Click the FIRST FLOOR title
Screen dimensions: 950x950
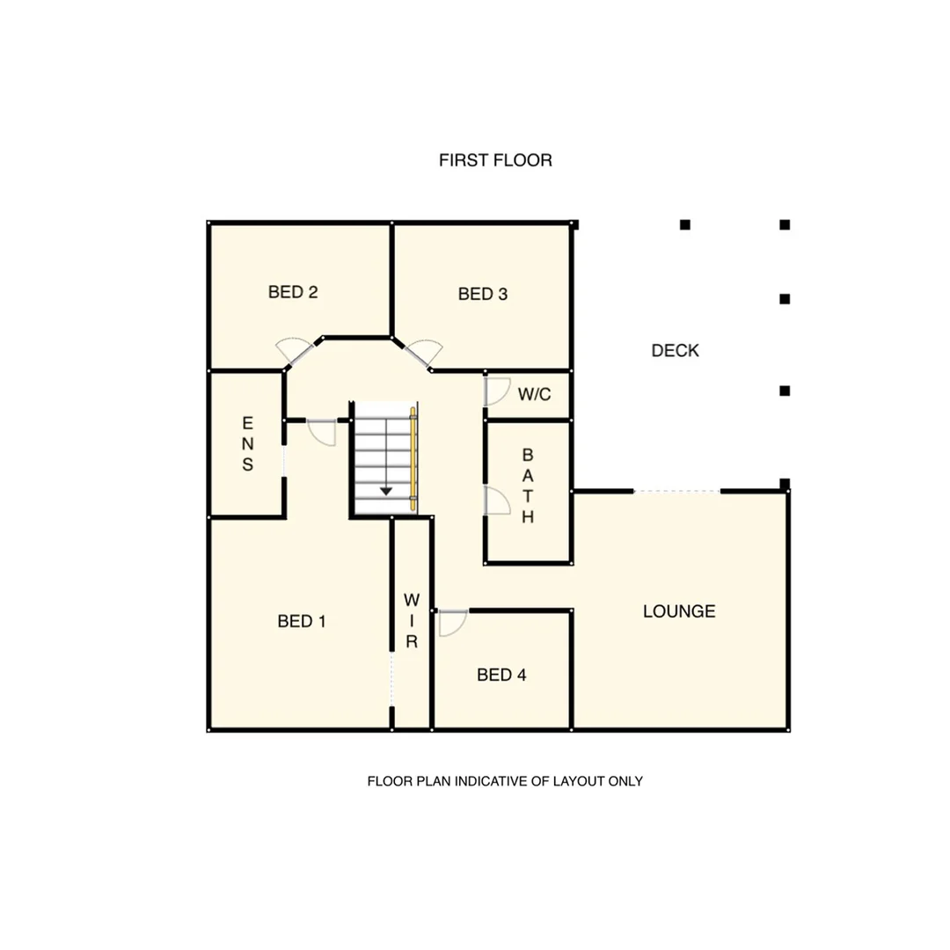(x=495, y=161)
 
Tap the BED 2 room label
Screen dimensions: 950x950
(x=292, y=292)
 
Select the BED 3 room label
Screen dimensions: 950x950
(x=483, y=295)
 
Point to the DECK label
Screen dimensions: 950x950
(x=676, y=351)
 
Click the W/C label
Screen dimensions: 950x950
(x=534, y=395)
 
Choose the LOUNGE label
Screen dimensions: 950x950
(x=679, y=611)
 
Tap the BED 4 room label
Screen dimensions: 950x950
(x=501, y=675)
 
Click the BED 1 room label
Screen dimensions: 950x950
(x=302, y=622)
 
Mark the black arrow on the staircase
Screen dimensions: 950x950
(x=385, y=490)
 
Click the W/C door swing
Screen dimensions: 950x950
(x=497, y=391)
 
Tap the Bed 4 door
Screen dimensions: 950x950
(x=452, y=622)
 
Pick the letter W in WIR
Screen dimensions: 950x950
(x=411, y=601)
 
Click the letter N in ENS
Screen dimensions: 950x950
(x=247, y=444)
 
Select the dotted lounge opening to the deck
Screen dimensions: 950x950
(x=676, y=491)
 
